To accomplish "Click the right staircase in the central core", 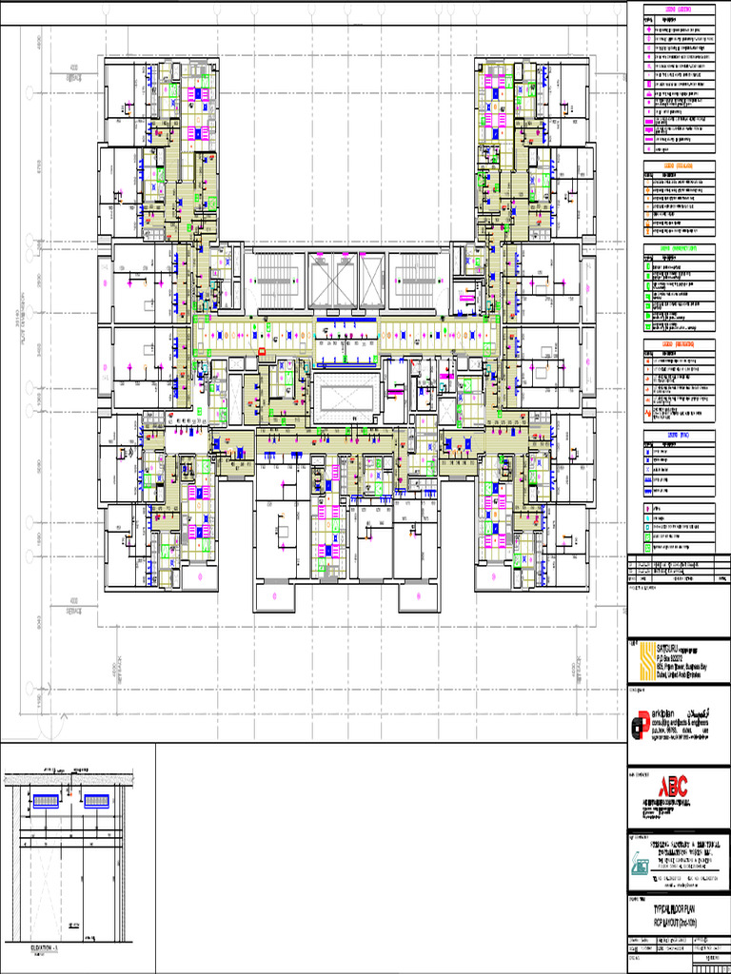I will click(x=415, y=281).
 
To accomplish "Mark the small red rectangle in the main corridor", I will click(x=262, y=351).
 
